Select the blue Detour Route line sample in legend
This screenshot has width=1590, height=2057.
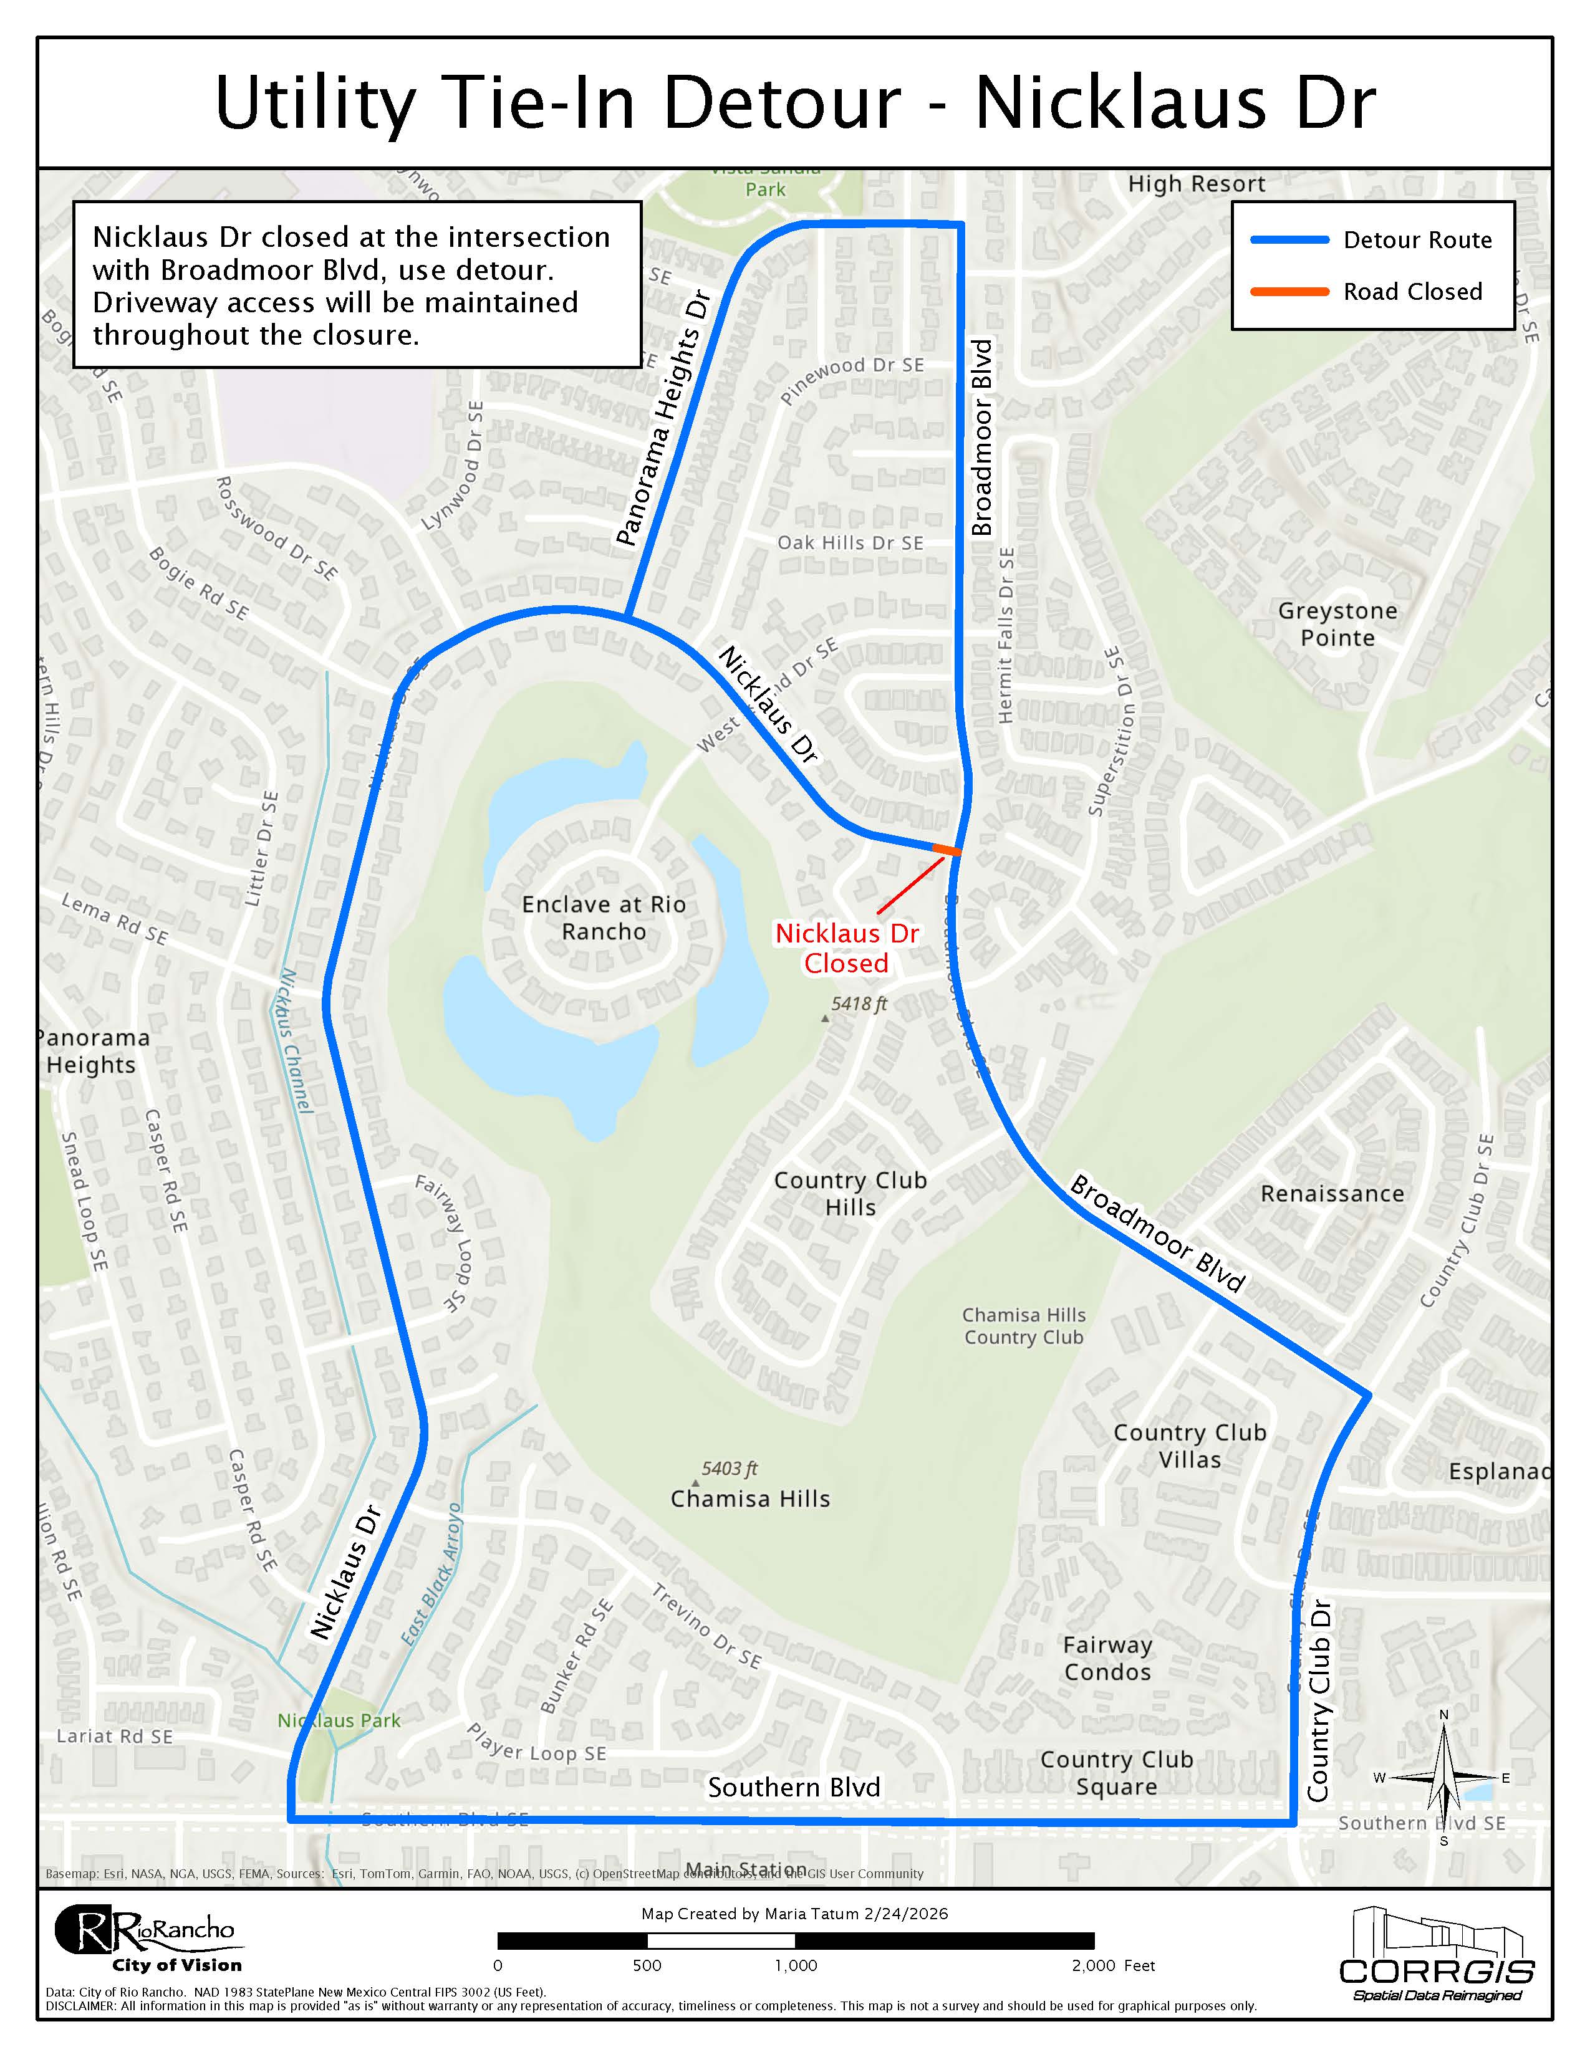point(1289,240)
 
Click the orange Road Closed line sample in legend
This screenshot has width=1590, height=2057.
point(1289,292)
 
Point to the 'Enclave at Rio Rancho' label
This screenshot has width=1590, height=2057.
point(603,918)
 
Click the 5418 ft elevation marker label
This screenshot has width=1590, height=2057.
point(858,1004)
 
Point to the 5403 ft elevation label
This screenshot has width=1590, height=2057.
point(728,1469)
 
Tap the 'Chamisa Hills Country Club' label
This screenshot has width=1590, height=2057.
point(1023,1325)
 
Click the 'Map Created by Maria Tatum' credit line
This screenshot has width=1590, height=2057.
point(794,1913)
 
